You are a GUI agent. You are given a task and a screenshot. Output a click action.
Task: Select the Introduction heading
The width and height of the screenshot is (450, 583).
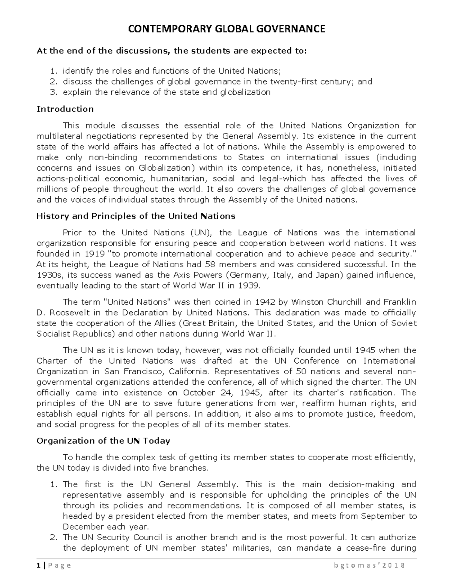(65, 109)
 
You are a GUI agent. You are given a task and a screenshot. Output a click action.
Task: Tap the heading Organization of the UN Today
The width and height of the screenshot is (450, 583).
(103, 441)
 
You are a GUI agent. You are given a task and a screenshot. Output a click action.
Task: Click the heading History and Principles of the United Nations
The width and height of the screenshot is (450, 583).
(136, 216)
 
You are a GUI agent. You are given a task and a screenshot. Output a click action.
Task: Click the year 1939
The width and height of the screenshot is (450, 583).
(249, 286)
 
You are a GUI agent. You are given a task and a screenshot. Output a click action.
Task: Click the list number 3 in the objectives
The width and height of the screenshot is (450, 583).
(53, 92)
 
